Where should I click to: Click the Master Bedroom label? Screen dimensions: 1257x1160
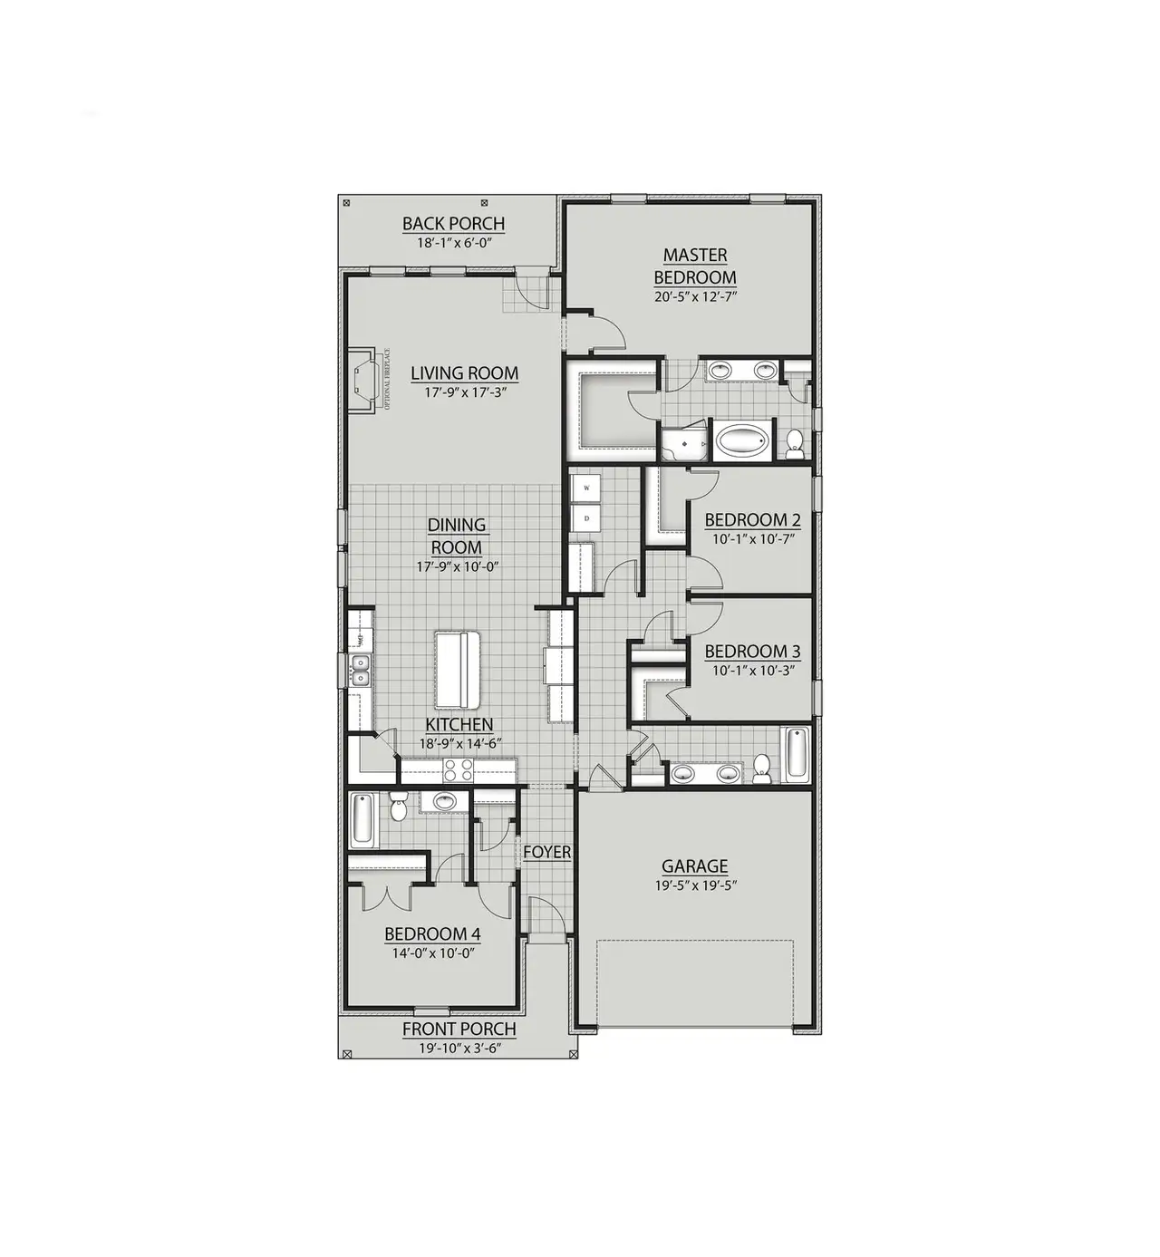click(695, 266)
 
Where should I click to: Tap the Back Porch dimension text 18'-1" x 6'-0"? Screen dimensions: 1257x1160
click(453, 243)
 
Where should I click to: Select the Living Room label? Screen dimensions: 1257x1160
click(464, 372)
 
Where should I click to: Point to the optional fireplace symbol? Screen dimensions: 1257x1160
click(364, 381)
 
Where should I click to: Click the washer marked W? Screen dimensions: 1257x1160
click(586, 488)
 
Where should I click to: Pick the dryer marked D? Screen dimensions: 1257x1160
click(586, 519)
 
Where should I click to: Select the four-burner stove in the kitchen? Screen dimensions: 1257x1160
click(458, 771)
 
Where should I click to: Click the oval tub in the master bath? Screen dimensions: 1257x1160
click(742, 442)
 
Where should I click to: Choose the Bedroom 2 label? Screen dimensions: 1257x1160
click(752, 520)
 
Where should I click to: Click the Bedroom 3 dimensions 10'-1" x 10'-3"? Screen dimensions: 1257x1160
click(752, 671)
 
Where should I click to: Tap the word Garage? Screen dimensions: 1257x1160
click(694, 866)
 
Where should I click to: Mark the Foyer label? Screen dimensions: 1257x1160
click(547, 852)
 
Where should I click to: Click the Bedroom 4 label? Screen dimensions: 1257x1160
click(432, 934)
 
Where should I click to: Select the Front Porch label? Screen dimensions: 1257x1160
click(459, 1029)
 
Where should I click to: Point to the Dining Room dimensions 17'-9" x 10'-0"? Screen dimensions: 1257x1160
click(458, 567)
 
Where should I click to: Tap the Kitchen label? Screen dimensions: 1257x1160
click(459, 724)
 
